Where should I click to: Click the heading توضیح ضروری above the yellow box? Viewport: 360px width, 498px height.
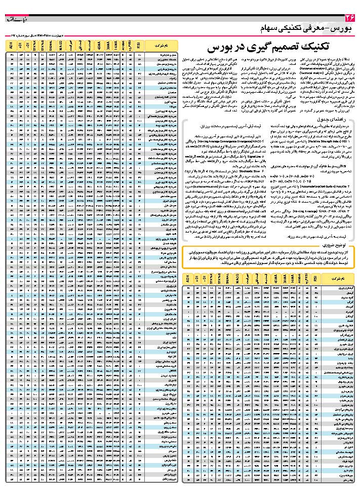click(x=339, y=244)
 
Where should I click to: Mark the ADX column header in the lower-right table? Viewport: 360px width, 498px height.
click(x=188, y=279)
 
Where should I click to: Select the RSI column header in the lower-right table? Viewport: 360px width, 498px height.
click(x=316, y=279)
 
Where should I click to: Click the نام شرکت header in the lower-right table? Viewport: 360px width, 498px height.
click(x=336, y=279)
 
